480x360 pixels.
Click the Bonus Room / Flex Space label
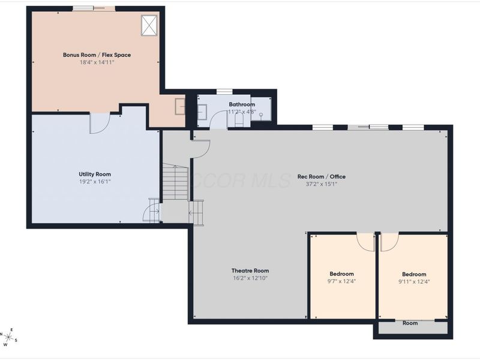(97, 55)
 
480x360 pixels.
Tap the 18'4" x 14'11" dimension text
(97, 62)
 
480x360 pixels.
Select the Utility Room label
(95, 174)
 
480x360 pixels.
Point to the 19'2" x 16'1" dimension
(95, 182)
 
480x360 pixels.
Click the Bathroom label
(242, 104)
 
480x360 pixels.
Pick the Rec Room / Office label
(322, 176)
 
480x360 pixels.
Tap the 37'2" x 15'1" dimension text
(322, 184)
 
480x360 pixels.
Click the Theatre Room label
(250, 271)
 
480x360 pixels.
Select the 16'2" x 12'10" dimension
(250, 278)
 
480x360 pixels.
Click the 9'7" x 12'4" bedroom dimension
(341, 281)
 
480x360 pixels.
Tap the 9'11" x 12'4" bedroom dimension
(414, 281)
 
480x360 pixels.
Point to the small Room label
(410, 323)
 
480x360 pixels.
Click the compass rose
(8, 337)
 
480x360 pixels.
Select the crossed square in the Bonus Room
(149, 25)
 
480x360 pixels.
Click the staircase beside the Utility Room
(175, 182)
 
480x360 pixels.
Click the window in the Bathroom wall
(224, 92)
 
